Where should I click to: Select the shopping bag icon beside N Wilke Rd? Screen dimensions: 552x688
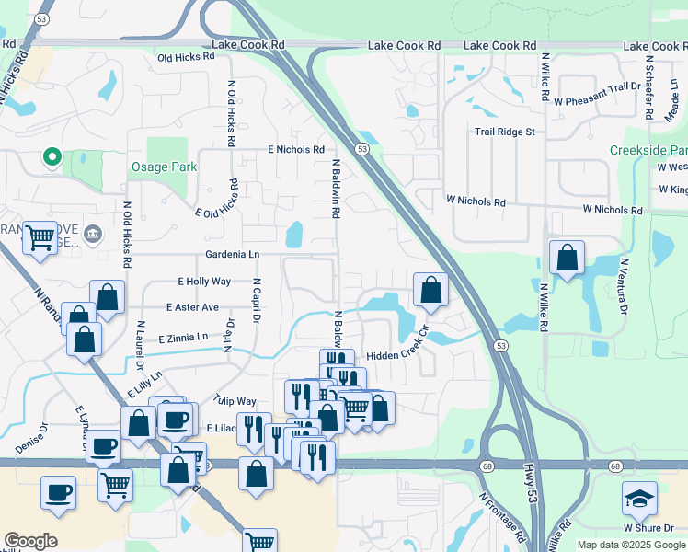(x=568, y=257)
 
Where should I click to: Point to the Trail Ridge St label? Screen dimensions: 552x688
(x=504, y=132)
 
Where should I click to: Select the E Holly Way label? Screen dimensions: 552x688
(x=204, y=282)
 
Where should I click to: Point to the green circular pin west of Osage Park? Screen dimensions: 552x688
(x=52, y=157)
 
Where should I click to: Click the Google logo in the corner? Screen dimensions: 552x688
(x=30, y=541)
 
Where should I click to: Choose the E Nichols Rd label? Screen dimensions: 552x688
(x=296, y=149)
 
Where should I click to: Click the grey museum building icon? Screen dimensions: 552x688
(x=92, y=235)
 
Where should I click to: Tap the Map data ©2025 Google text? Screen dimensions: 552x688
(x=630, y=546)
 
